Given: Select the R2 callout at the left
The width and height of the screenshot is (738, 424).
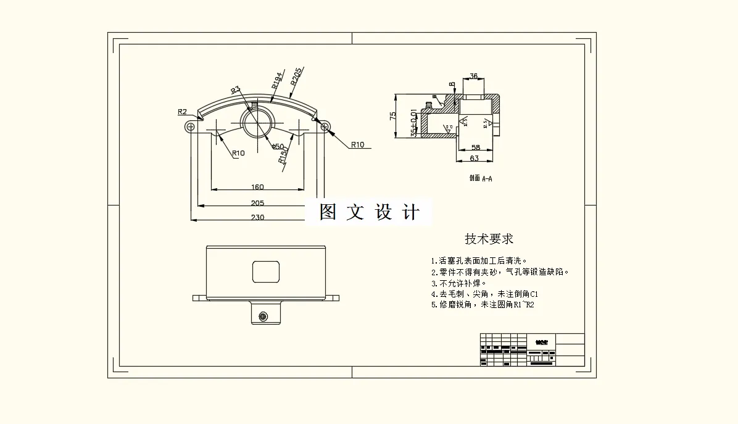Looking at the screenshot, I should [x=182, y=112].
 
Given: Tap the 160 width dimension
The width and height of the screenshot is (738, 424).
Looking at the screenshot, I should [x=257, y=186].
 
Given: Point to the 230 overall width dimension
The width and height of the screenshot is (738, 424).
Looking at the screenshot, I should [x=257, y=217].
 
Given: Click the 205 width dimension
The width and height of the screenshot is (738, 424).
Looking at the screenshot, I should [x=257, y=202].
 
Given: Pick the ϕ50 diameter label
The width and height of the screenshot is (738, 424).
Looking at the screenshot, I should [x=278, y=146].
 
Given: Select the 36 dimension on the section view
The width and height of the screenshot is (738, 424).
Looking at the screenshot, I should [x=474, y=77].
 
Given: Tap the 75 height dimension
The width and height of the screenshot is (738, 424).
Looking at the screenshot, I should [x=392, y=117].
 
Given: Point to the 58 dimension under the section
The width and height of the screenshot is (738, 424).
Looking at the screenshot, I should [x=476, y=148].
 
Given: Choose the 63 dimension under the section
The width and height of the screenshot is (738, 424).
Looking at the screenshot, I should [x=475, y=158].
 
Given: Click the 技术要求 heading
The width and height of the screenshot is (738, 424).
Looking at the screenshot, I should [x=489, y=239].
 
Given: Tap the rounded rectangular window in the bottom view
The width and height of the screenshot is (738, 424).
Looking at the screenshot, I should [x=266, y=272].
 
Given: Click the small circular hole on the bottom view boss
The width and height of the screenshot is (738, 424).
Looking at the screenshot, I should [x=263, y=317].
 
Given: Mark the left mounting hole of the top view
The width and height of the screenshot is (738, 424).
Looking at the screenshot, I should [x=190, y=127].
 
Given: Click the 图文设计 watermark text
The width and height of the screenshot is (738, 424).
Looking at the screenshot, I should [x=369, y=212].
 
